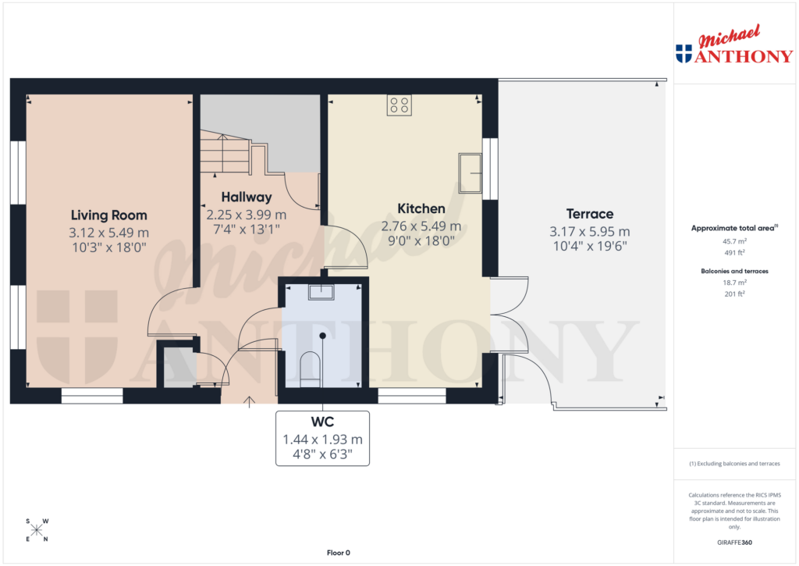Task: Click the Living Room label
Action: [x=108, y=215]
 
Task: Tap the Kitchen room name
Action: [x=421, y=208]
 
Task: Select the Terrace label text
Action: [x=590, y=214]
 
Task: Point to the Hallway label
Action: [x=246, y=197]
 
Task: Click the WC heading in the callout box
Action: [x=322, y=422]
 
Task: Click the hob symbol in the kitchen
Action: [x=399, y=105]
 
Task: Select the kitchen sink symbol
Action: [x=471, y=173]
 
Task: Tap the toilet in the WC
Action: [x=310, y=368]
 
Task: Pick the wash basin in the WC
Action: [x=321, y=293]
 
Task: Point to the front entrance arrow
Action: [x=250, y=402]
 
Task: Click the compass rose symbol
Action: [x=37, y=530]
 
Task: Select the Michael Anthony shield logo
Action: [x=684, y=54]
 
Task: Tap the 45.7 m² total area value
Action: [x=734, y=242]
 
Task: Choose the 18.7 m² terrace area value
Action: [x=734, y=282]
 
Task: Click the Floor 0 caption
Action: [x=339, y=553]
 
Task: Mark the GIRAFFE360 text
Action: [x=734, y=543]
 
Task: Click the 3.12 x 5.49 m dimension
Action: [x=108, y=233]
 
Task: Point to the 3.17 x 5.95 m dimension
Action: [x=590, y=232]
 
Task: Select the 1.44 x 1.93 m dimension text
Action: [x=322, y=439]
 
